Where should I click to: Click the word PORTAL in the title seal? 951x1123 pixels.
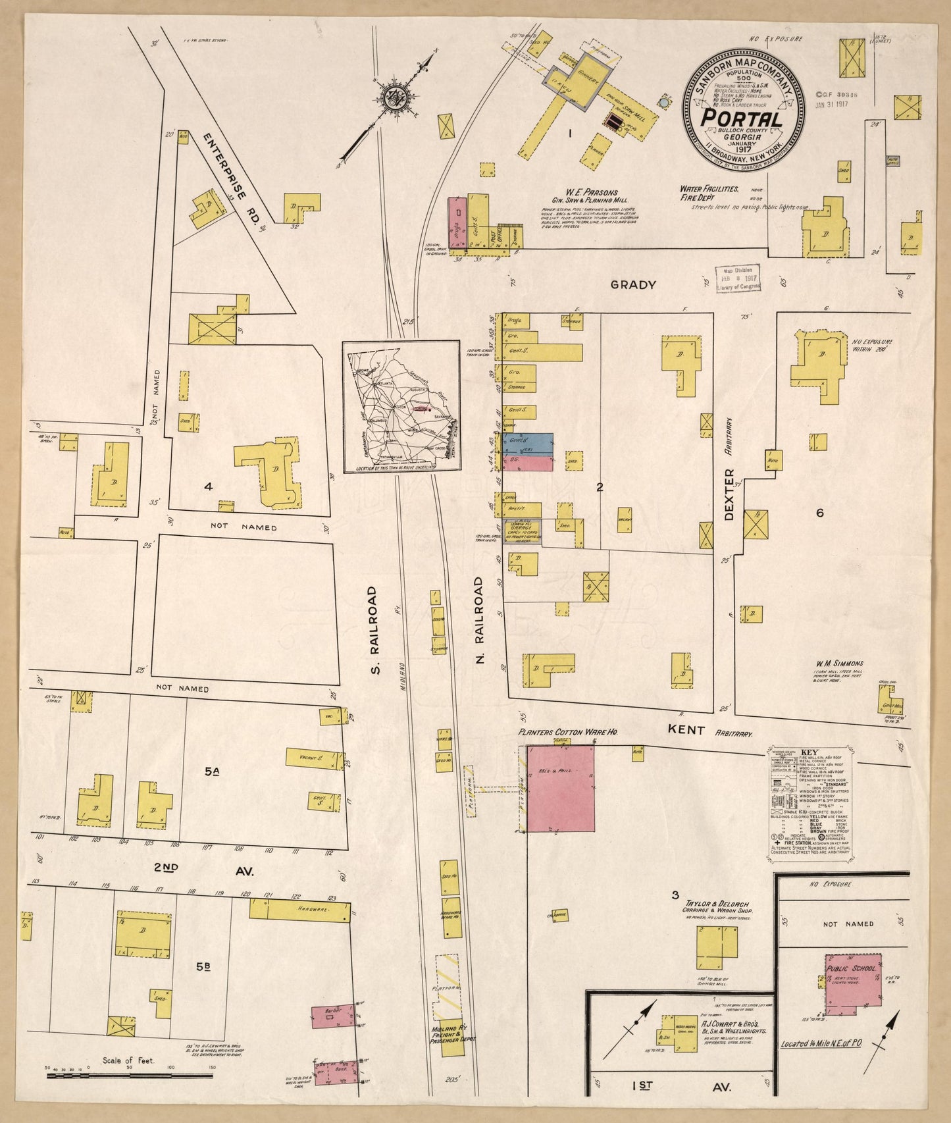tap(742, 118)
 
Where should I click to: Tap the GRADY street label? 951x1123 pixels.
tap(632, 284)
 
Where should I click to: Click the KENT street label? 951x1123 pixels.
tap(686, 730)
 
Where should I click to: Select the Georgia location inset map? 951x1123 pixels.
tap(400, 405)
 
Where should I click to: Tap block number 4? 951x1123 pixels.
tap(208, 486)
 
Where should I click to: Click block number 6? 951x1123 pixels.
tap(819, 513)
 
